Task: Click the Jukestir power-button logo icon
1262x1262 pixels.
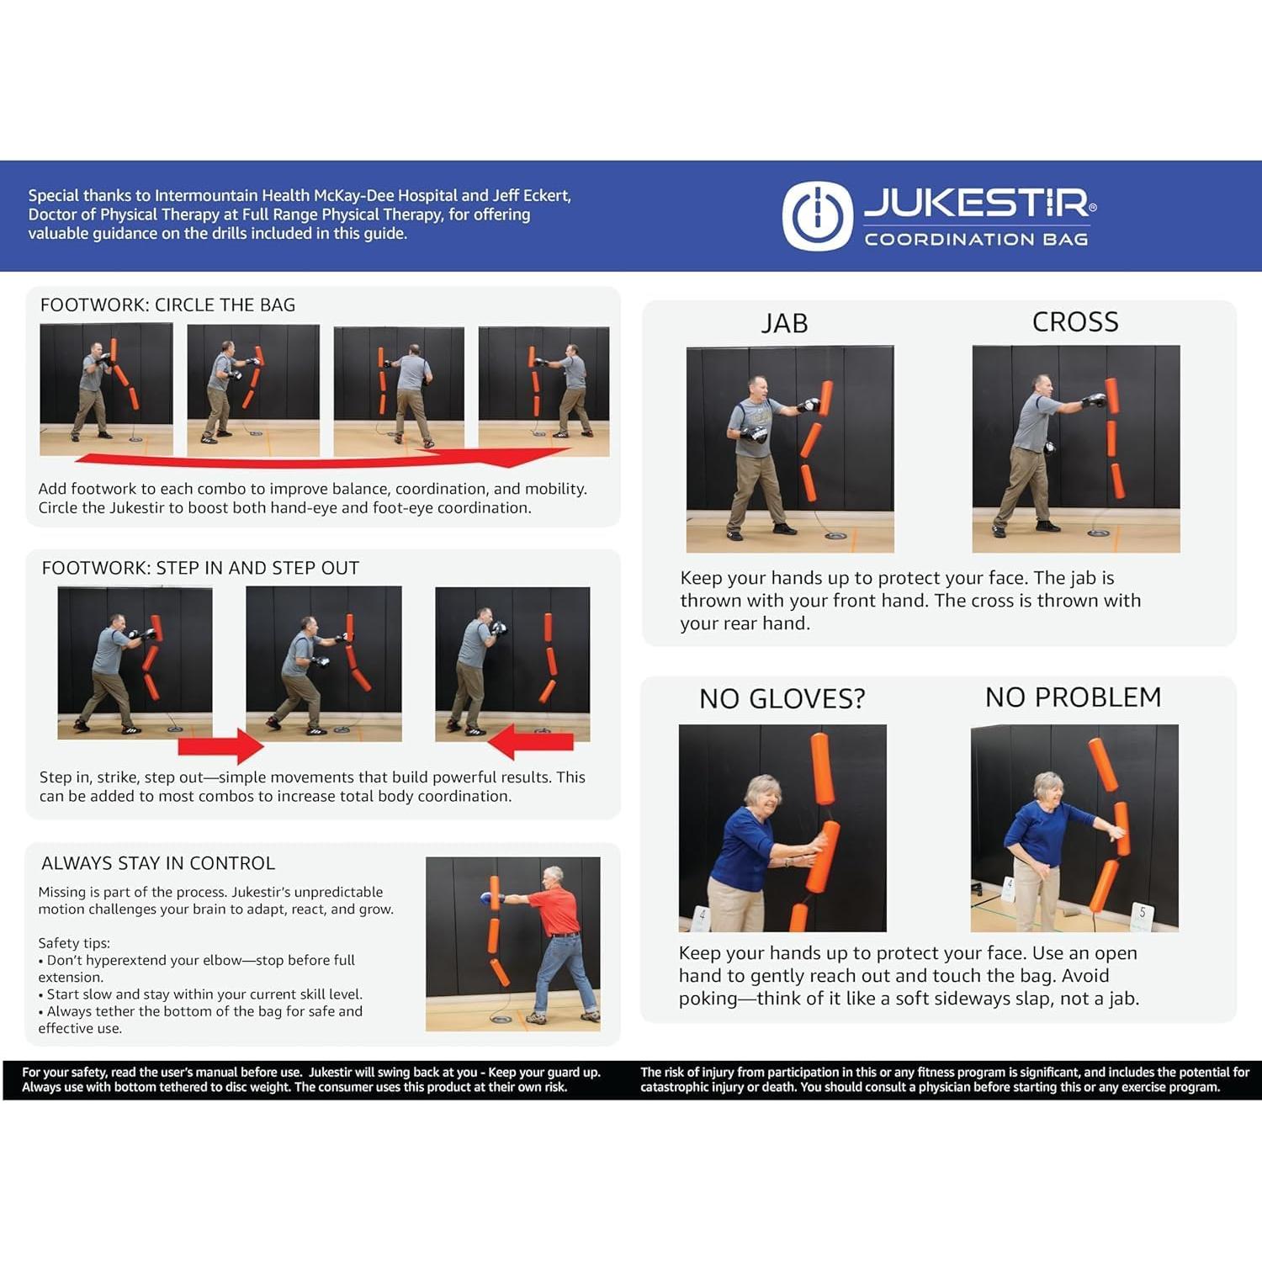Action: pos(817,215)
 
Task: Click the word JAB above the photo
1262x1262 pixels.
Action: pos(784,323)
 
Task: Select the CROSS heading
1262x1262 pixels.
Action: pos(1074,321)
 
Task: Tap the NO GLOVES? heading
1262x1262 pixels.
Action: pos(782,698)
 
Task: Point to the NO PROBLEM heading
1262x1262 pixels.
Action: pos(1073,697)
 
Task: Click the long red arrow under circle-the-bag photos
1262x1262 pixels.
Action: pos(320,459)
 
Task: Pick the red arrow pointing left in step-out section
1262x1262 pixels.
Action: pos(531,742)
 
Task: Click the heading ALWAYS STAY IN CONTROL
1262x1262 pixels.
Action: pos(158,863)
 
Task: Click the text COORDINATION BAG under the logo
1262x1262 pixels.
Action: pos(976,240)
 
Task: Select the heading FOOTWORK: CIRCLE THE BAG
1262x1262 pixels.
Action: pos(167,305)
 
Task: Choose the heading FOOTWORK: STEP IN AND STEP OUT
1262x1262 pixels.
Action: pos(200,568)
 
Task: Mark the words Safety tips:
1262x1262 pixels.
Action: pos(74,943)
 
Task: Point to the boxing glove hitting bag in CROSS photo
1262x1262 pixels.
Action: pos(1094,400)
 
